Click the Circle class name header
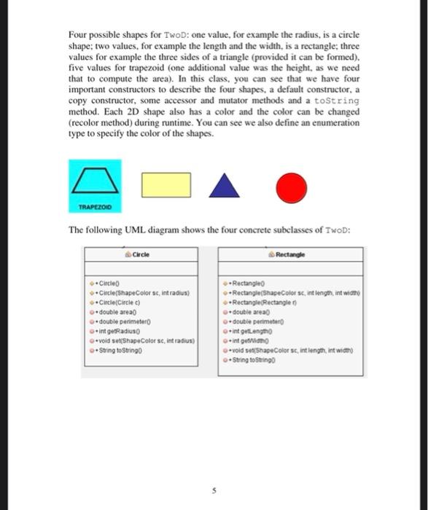tap(141, 255)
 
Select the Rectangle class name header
tap(290, 255)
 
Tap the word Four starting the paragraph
tap(79, 35)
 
